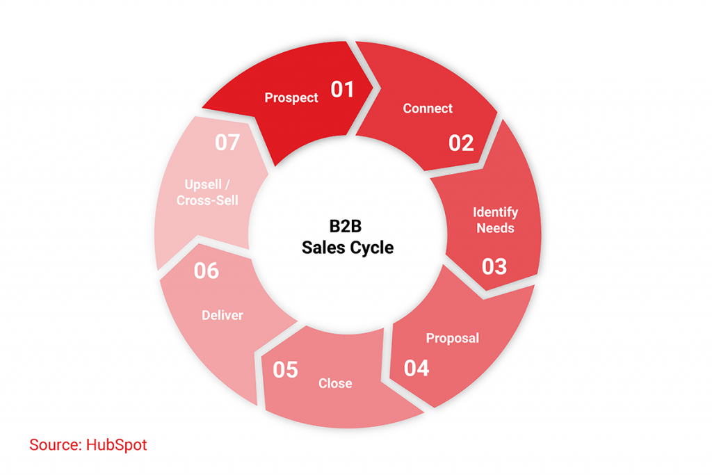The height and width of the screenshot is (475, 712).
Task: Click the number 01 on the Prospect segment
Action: [342, 90]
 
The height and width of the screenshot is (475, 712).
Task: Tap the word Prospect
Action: [291, 98]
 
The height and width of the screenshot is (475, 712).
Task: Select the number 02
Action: [461, 143]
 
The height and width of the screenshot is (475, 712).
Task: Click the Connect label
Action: [428, 108]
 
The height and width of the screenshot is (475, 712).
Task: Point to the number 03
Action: [494, 266]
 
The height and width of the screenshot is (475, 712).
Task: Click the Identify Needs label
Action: [495, 220]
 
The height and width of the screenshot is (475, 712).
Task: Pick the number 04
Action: [416, 368]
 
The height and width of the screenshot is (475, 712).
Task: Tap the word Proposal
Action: [453, 339]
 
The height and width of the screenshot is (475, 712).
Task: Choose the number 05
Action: [285, 370]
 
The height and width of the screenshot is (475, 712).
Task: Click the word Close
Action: [335, 384]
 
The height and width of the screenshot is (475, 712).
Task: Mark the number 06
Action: [206, 271]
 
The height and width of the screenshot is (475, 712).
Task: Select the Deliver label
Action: [222, 316]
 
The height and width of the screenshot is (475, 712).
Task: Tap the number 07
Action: [227, 143]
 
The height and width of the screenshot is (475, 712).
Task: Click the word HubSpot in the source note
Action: [117, 445]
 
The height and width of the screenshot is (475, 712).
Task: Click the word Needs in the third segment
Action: [495, 228]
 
